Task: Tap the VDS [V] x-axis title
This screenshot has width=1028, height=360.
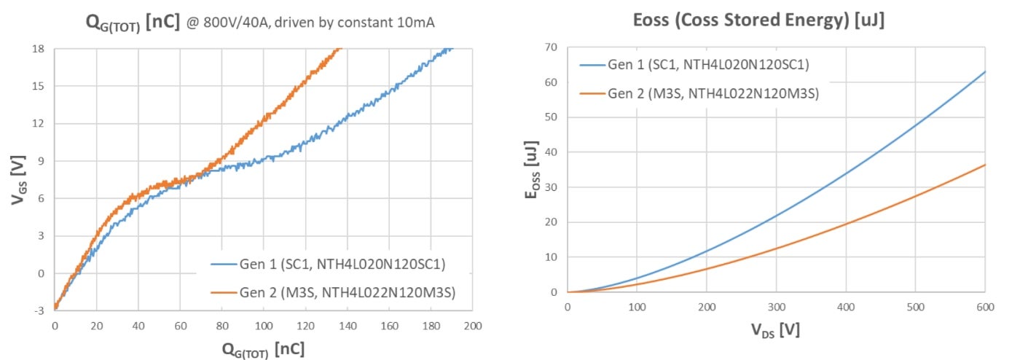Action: [776, 329]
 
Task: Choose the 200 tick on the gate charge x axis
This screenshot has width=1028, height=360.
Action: [473, 324]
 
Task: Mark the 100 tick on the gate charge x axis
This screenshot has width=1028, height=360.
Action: [264, 324]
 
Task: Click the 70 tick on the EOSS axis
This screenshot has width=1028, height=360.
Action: [552, 47]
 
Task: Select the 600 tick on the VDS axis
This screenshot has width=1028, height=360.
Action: [985, 306]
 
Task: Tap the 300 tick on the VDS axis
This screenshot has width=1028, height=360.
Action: [776, 306]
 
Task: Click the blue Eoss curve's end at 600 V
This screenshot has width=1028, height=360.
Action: [985, 71]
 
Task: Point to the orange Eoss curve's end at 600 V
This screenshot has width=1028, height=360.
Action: [985, 165]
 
